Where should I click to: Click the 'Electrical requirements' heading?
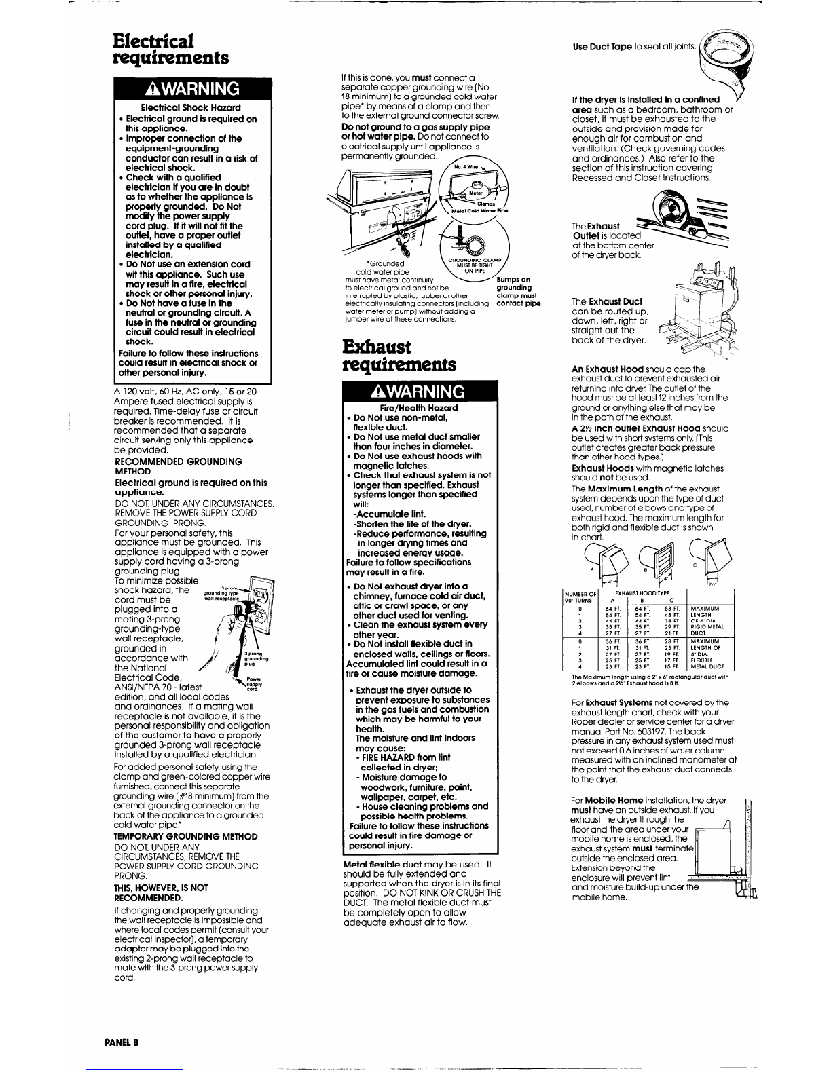tap(170, 47)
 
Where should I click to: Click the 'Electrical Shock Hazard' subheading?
tap(190, 108)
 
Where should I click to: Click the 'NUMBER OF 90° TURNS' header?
tap(579, 597)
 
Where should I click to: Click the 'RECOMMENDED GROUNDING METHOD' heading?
tap(178, 466)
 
